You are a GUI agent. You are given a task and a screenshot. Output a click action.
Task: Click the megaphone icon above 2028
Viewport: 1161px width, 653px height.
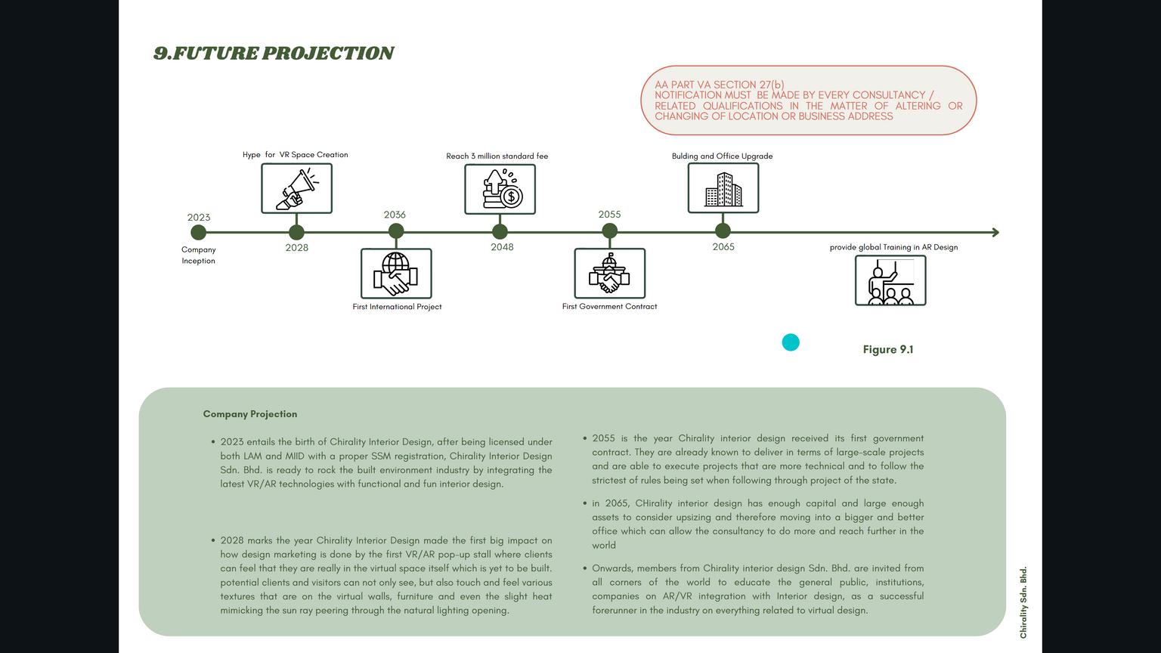(296, 188)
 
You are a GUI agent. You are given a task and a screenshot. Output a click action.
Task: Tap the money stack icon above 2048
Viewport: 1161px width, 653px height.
(500, 189)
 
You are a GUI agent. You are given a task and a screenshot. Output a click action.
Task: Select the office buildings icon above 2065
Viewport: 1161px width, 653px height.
(723, 188)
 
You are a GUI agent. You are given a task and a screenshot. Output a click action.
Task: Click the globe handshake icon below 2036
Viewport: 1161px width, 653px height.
(396, 273)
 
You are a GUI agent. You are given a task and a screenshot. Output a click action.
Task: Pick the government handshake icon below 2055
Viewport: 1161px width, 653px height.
(609, 273)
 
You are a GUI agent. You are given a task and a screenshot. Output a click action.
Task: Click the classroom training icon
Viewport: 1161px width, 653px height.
(890, 280)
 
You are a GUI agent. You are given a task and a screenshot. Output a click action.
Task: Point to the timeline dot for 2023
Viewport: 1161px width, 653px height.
(198, 233)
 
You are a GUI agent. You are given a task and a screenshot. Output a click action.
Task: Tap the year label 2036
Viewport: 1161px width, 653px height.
(395, 215)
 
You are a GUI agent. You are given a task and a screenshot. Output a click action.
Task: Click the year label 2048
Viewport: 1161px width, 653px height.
(502, 247)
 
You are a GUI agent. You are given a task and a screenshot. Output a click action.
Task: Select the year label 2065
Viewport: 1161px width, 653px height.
(723, 246)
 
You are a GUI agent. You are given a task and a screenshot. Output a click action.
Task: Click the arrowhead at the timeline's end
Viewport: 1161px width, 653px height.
(995, 233)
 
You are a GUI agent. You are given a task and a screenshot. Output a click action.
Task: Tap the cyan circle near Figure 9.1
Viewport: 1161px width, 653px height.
(791, 342)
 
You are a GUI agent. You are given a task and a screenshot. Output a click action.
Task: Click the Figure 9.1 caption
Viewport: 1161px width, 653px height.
(888, 349)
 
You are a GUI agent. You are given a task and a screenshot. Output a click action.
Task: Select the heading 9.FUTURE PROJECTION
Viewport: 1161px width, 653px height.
(274, 53)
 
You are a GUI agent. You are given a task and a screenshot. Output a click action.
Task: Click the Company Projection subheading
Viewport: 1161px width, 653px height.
(250, 414)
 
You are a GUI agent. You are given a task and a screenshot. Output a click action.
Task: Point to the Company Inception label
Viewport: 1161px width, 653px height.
(199, 255)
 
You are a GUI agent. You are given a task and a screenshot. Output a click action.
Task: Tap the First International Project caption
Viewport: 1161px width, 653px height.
(397, 307)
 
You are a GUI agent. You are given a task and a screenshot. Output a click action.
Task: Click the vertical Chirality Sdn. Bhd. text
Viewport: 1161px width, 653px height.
(1023, 602)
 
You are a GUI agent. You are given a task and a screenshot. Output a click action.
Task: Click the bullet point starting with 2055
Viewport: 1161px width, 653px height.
(757, 459)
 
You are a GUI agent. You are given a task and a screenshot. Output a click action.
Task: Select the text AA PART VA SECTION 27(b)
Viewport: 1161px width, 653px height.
(719, 85)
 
